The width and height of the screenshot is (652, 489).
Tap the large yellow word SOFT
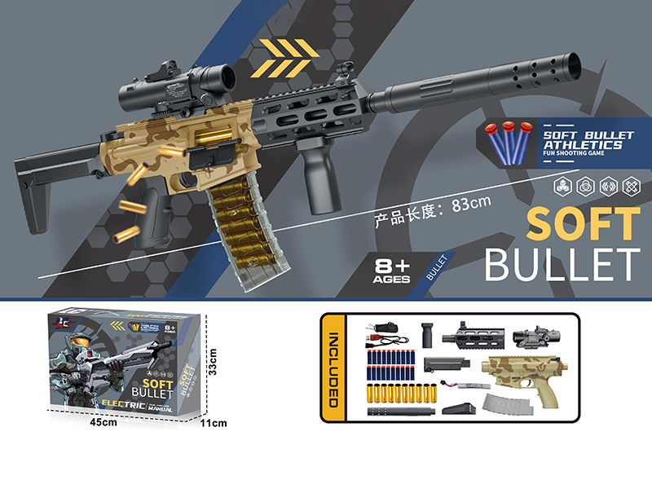pyautogui.click(x=583, y=222)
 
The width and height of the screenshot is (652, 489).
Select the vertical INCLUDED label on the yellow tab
pyautogui.click(x=332, y=368)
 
